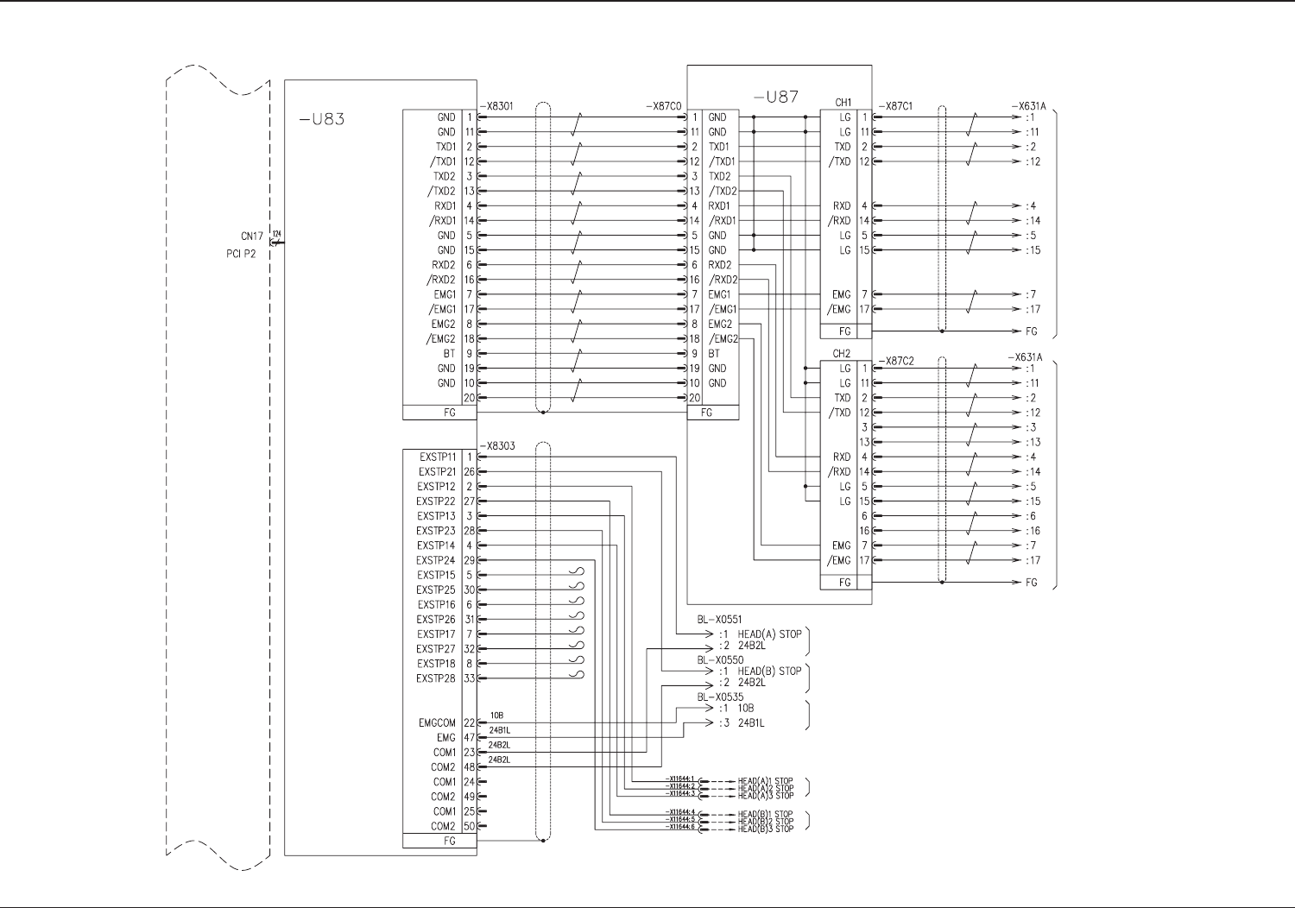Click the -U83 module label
click(322, 119)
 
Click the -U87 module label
click(775, 97)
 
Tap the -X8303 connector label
click(496, 446)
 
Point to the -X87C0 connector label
click(663, 106)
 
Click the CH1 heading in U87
click(843, 103)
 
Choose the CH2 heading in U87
click(842, 354)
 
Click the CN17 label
click(251, 236)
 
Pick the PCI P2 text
click(241, 255)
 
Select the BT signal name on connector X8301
click(449, 354)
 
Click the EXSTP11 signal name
click(438, 457)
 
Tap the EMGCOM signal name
click(437, 723)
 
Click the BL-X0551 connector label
click(719, 620)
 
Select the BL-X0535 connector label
click(719, 697)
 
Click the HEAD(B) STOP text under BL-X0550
click(769, 671)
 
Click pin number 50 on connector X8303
click(470, 826)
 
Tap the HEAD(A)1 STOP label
click(765, 781)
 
